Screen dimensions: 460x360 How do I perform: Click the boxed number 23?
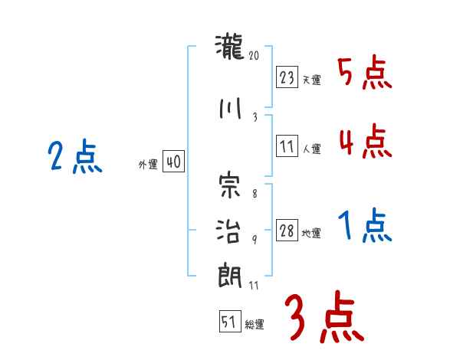coord(287,77)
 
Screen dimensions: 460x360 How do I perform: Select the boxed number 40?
coord(172,162)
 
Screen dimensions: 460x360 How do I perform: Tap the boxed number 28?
coord(287,231)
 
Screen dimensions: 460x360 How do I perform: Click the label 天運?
coord(311,80)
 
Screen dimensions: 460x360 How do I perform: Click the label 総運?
coord(255,325)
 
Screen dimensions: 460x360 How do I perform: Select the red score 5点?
coord(364,74)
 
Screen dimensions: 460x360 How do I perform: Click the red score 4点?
coord(364,142)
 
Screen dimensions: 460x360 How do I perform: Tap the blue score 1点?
coord(364,227)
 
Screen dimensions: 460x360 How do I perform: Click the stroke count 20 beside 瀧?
coord(255,55)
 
